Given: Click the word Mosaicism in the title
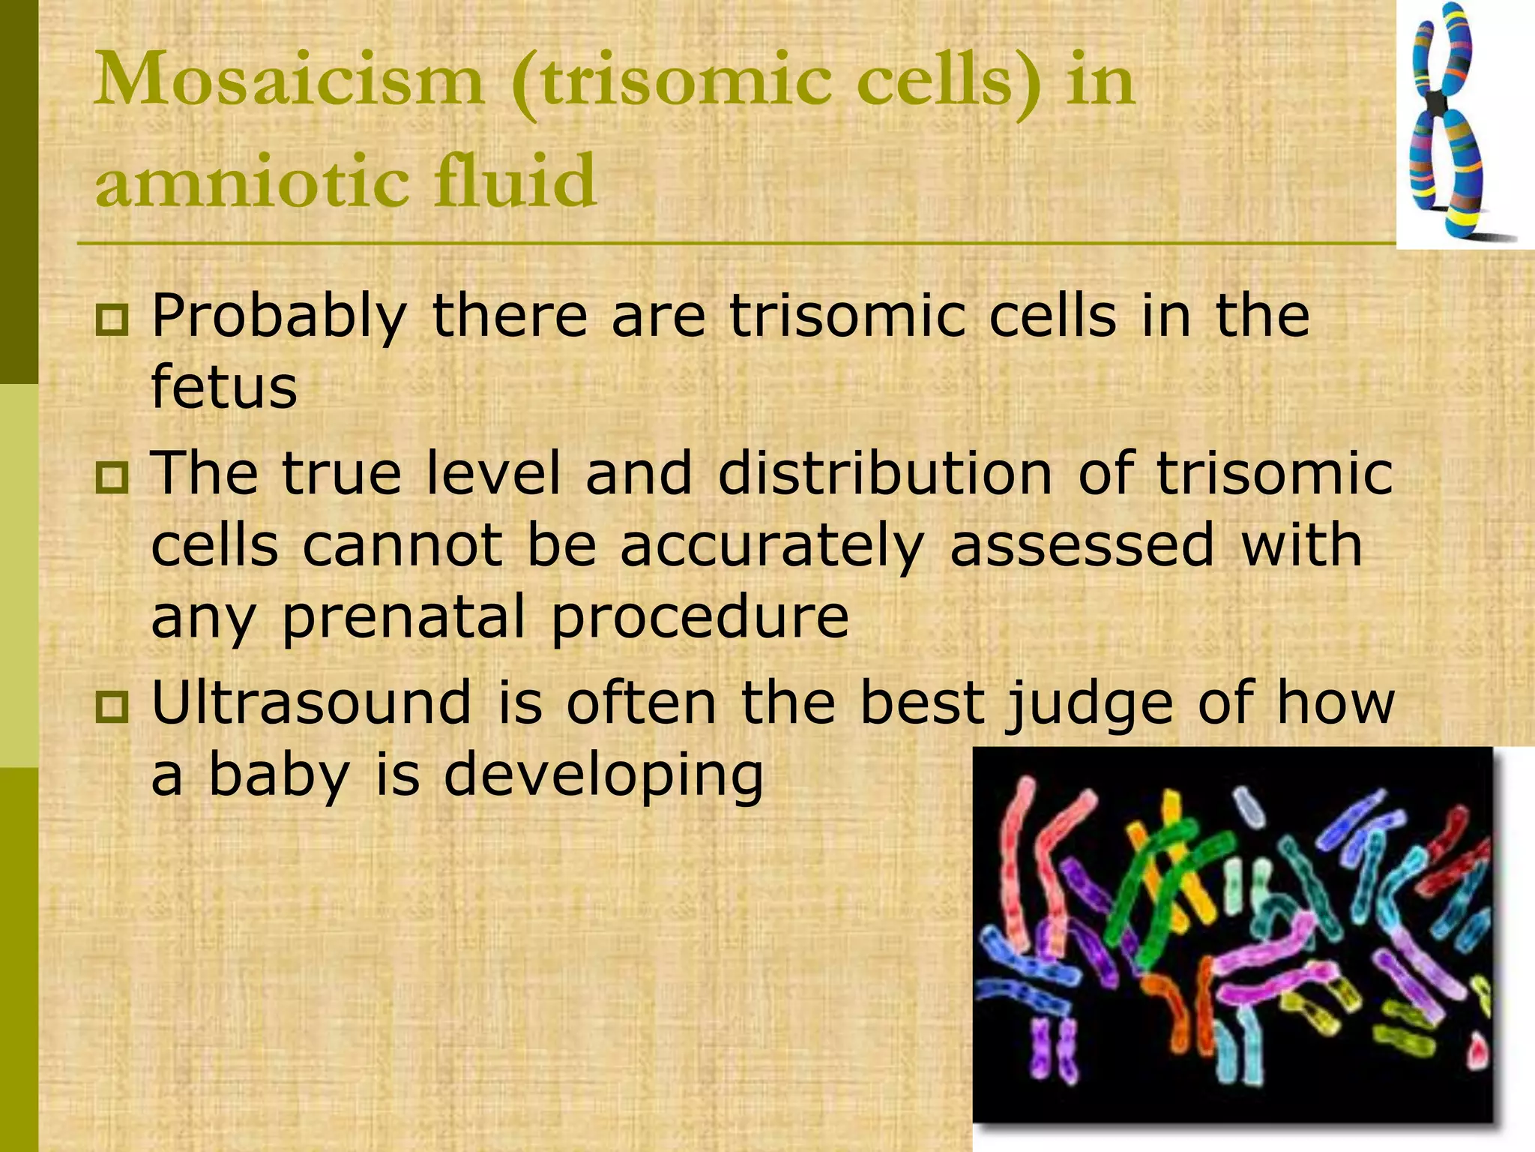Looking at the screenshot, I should pos(289,81).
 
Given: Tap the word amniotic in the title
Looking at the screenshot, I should pos(252,182).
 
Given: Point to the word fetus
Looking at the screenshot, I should pos(224,388).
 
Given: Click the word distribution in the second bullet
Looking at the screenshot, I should pos(885,474).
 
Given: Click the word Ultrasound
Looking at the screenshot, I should pos(312,703).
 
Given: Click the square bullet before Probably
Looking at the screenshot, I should pos(112,320).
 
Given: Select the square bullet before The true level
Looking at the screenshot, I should pos(112,478).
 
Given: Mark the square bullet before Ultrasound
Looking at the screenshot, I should pos(112,706).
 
